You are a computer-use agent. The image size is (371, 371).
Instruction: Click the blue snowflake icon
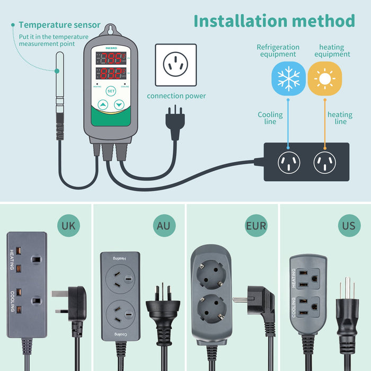[288, 78]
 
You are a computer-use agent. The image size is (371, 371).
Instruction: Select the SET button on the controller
[111, 91]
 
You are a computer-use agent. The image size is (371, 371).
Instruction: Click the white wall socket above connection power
[175, 65]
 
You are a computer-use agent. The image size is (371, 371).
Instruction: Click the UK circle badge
[68, 226]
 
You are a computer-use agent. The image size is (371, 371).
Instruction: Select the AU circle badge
[162, 226]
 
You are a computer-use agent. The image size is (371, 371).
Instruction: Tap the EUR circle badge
[256, 226]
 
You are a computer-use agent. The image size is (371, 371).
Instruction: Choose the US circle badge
[349, 226]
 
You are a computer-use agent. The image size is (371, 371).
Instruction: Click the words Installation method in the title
[274, 21]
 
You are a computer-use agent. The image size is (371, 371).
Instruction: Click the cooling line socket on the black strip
[289, 162]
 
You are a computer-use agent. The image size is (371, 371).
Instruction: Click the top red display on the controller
[111, 58]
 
